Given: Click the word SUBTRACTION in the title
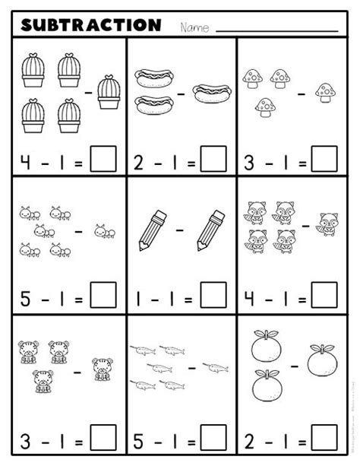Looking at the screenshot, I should (x=91, y=25).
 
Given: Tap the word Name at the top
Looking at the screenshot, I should (x=195, y=27).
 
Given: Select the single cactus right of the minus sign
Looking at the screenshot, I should (x=109, y=91).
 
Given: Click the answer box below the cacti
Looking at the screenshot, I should (x=103, y=160).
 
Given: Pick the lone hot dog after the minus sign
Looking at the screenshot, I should (x=210, y=94).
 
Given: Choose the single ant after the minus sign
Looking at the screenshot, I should (x=104, y=230).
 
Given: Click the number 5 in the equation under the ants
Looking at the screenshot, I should (x=24, y=295).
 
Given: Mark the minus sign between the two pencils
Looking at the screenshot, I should (x=181, y=229).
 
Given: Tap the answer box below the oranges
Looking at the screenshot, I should (x=325, y=439).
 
